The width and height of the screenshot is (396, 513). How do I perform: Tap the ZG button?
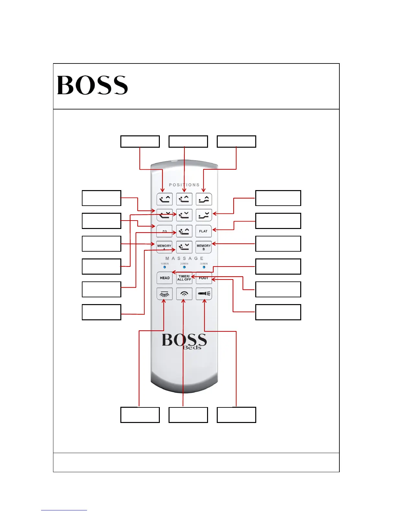pyautogui.click(x=164, y=231)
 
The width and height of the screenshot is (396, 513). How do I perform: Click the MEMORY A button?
pyautogui.click(x=164, y=247)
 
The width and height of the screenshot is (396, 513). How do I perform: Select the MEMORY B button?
pyautogui.click(x=203, y=247)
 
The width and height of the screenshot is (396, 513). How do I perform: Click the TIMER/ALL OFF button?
pyautogui.click(x=184, y=278)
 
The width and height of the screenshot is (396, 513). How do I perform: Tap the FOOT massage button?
pyautogui.click(x=204, y=278)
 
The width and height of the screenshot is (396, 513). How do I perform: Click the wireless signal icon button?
pyautogui.click(x=184, y=294)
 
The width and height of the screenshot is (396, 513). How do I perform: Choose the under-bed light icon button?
pyautogui.click(x=164, y=294)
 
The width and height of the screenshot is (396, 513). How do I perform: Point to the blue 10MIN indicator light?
pyautogui.click(x=165, y=267)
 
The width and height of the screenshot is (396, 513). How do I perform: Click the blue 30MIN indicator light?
pyautogui.click(x=204, y=267)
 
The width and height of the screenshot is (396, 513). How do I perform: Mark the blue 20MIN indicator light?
pyautogui.click(x=184, y=267)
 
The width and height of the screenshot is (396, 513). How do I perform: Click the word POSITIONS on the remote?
pyautogui.click(x=184, y=185)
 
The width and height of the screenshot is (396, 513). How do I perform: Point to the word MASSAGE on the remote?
pyautogui.click(x=184, y=258)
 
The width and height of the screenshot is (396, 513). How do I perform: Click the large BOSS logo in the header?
pyautogui.click(x=93, y=85)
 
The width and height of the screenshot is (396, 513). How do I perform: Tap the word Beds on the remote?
pyautogui.click(x=192, y=348)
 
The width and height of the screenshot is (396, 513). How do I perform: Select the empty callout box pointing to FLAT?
pyautogui.click(x=278, y=221)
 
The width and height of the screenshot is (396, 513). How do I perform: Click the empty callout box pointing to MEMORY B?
pyautogui.click(x=278, y=244)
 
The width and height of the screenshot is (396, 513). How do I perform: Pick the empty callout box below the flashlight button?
pyautogui.click(x=236, y=415)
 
